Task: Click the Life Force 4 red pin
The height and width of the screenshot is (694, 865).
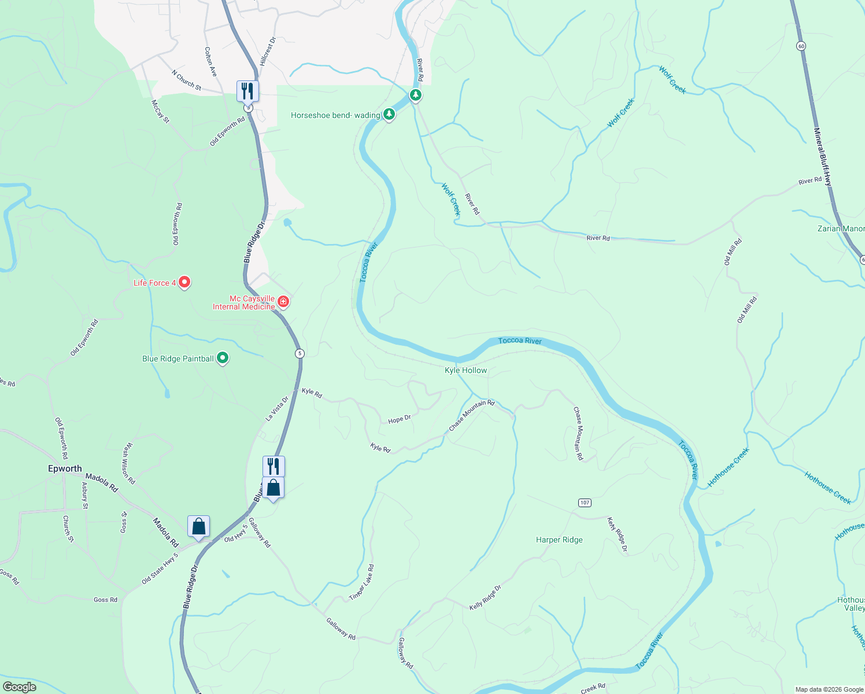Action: click(184, 282)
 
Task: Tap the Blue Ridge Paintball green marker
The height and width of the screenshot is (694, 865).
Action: click(223, 359)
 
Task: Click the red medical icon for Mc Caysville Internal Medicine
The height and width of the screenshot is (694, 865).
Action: click(283, 301)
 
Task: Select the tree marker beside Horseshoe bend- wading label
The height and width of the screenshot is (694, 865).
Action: click(390, 114)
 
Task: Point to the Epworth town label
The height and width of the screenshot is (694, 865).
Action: click(65, 468)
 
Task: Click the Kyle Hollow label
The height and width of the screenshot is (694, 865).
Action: click(465, 370)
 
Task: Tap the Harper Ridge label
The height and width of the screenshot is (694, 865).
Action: click(559, 540)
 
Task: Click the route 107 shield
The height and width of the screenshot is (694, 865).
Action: click(585, 503)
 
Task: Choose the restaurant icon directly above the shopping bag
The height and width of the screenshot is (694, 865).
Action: click(273, 466)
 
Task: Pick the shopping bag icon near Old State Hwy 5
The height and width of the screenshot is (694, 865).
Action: click(198, 527)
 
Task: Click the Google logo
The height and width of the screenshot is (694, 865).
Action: click(19, 687)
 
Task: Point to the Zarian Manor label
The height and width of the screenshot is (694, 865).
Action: click(841, 228)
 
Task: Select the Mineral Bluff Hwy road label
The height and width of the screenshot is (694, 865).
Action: click(824, 157)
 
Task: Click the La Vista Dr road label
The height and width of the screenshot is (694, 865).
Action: click(276, 408)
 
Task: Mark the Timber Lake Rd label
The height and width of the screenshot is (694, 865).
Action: click(362, 582)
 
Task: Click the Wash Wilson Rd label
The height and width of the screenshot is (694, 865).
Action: click(128, 463)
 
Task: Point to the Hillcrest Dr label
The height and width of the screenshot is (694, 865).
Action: click(268, 51)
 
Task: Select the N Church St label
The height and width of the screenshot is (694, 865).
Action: click(186, 80)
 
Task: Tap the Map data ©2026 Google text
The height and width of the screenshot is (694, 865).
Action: click(829, 689)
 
